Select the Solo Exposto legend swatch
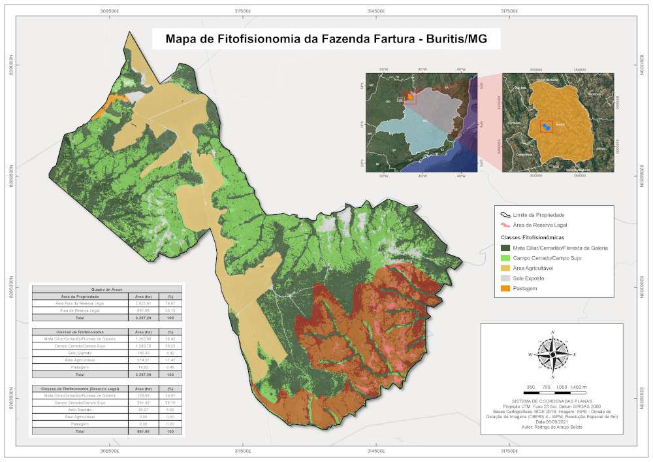pyautogui.click(x=505, y=277)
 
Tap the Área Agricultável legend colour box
pyautogui.click(x=505, y=267)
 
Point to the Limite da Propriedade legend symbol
pyautogui.click(x=505, y=214)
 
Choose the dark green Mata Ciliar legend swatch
pyautogui.click(x=505, y=248)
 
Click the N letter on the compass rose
pyautogui.click(x=553, y=332)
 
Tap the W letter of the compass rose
pyautogui.click(x=530, y=354)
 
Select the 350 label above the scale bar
pyautogui.click(x=530, y=387)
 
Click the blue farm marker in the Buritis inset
pyautogui.click(x=545, y=126)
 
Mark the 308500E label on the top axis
pyautogui.click(x=109, y=11)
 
